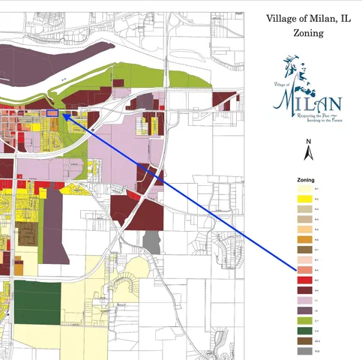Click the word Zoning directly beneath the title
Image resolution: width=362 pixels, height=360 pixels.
[304, 33]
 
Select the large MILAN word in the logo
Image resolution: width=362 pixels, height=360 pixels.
[308, 101]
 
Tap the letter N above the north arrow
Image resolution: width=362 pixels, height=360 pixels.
[307, 142]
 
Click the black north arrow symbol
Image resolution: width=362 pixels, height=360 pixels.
[307, 154]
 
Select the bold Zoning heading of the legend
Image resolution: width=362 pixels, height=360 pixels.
[305, 181]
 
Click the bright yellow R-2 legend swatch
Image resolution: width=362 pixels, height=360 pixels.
[305, 199]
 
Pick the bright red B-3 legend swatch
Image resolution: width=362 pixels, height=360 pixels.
[305, 279]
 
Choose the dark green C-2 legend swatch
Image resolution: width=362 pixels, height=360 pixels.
[305, 331]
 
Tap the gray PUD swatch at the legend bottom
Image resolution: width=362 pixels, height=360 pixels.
[305, 351]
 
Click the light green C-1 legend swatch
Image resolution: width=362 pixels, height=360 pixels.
[305, 320]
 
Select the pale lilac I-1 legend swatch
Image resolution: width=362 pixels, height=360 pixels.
[305, 300]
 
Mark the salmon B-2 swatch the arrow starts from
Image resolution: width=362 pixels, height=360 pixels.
[305, 269]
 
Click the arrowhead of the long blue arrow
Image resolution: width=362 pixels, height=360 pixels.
[63, 115]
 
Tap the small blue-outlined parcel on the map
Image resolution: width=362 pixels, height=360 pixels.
[52, 113]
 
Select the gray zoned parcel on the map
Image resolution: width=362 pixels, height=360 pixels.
[152, 241]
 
